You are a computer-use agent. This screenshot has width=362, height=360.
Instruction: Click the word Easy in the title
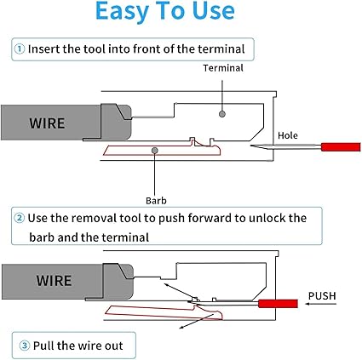[x=122, y=11]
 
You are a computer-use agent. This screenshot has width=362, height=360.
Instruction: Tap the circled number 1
[x=20, y=49]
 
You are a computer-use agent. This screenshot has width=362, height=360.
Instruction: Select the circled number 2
[x=20, y=218]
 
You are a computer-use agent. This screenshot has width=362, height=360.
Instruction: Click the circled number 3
[x=25, y=346]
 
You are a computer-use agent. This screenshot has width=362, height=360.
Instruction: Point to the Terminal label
[x=223, y=68]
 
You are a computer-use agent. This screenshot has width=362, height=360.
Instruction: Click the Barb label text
[x=156, y=201]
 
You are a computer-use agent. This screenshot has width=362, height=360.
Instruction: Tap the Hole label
[x=288, y=135]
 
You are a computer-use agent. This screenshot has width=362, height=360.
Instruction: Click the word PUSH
[x=322, y=296]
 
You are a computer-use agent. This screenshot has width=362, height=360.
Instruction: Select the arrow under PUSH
[x=320, y=304]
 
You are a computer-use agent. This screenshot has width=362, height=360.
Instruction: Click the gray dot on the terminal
[x=222, y=114]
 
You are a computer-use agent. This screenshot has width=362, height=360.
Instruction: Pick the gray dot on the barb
[x=155, y=150]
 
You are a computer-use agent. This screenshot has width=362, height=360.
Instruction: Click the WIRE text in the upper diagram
[x=47, y=123]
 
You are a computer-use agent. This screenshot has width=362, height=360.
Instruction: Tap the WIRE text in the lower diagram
[x=54, y=281]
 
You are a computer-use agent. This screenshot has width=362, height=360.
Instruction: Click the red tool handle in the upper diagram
[x=341, y=146]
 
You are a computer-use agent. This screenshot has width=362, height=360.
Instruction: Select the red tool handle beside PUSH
[x=278, y=304]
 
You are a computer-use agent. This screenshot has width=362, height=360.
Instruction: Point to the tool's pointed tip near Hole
[x=250, y=146]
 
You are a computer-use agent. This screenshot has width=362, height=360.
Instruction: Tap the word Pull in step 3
[x=43, y=346]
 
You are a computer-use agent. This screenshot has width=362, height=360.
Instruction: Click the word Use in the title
[x=213, y=11]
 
